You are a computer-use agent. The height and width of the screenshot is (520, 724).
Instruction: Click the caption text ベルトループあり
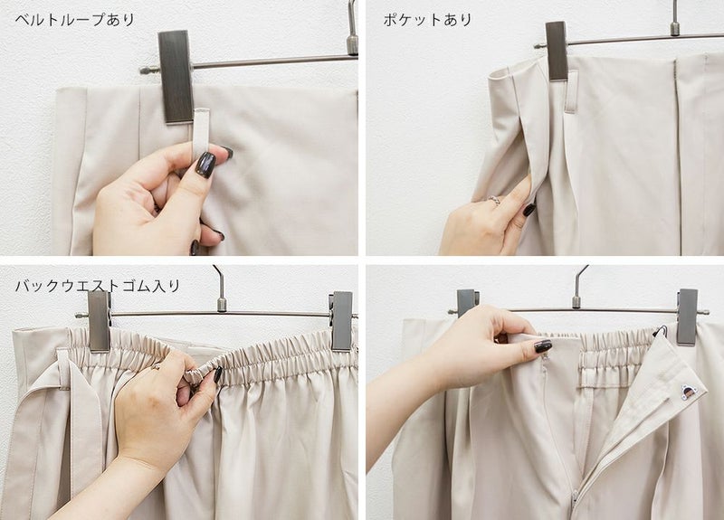[75, 20]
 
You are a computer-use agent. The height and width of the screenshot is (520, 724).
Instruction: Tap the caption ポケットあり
[427, 20]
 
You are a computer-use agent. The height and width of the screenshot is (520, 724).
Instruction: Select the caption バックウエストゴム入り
[98, 286]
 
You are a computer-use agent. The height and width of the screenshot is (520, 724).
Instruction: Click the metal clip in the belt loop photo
[176, 77]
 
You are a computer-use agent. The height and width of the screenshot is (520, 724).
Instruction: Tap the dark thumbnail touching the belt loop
[205, 165]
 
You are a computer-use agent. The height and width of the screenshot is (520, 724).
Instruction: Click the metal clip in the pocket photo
[557, 51]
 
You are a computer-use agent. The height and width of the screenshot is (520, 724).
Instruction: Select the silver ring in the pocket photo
[494, 200]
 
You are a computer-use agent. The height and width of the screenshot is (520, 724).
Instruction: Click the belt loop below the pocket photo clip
[572, 92]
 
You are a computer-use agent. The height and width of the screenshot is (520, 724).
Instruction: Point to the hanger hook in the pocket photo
[675, 18]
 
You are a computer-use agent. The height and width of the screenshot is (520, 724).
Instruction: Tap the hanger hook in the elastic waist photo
[221, 288]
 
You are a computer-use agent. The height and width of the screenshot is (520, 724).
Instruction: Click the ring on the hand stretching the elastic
[157, 367]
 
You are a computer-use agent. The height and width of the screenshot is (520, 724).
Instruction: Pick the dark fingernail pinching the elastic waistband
[217, 374]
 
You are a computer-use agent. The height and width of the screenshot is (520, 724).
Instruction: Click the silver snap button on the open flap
[689, 392]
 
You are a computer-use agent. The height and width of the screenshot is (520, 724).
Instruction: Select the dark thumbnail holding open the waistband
[543, 346]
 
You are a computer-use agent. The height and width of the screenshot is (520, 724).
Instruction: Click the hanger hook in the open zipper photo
[578, 287]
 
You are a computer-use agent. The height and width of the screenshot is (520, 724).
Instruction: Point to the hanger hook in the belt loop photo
[352, 28]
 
